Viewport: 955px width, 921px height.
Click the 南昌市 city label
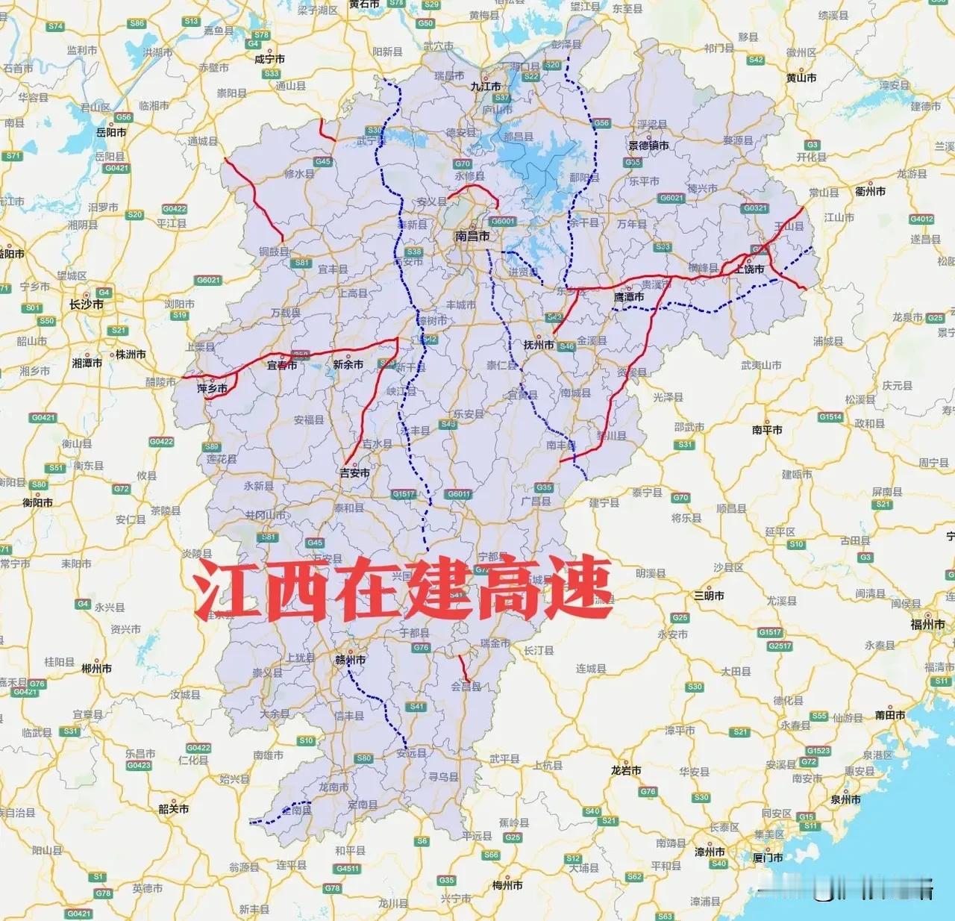[472, 237]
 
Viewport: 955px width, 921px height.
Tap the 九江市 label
[485, 87]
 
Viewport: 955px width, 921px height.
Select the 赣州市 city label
[350, 661]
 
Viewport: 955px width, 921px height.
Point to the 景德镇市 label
[648, 146]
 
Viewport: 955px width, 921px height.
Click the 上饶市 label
[749, 269]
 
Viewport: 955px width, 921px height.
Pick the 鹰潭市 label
[628, 297]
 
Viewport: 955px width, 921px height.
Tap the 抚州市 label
[539, 345]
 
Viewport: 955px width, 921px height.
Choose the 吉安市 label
[354, 473]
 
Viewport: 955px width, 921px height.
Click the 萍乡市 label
[212, 389]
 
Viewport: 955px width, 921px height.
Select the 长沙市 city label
[87, 305]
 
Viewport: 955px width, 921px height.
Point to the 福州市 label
[927, 625]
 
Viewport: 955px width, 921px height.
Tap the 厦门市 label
[768, 858]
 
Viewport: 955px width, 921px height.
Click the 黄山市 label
[801, 78]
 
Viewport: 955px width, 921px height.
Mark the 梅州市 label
[507, 885]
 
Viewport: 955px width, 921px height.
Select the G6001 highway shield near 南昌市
[503, 222]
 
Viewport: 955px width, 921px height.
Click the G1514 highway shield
[830, 417]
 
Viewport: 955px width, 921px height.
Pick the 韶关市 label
[174, 809]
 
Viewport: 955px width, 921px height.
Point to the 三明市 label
[709, 596]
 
